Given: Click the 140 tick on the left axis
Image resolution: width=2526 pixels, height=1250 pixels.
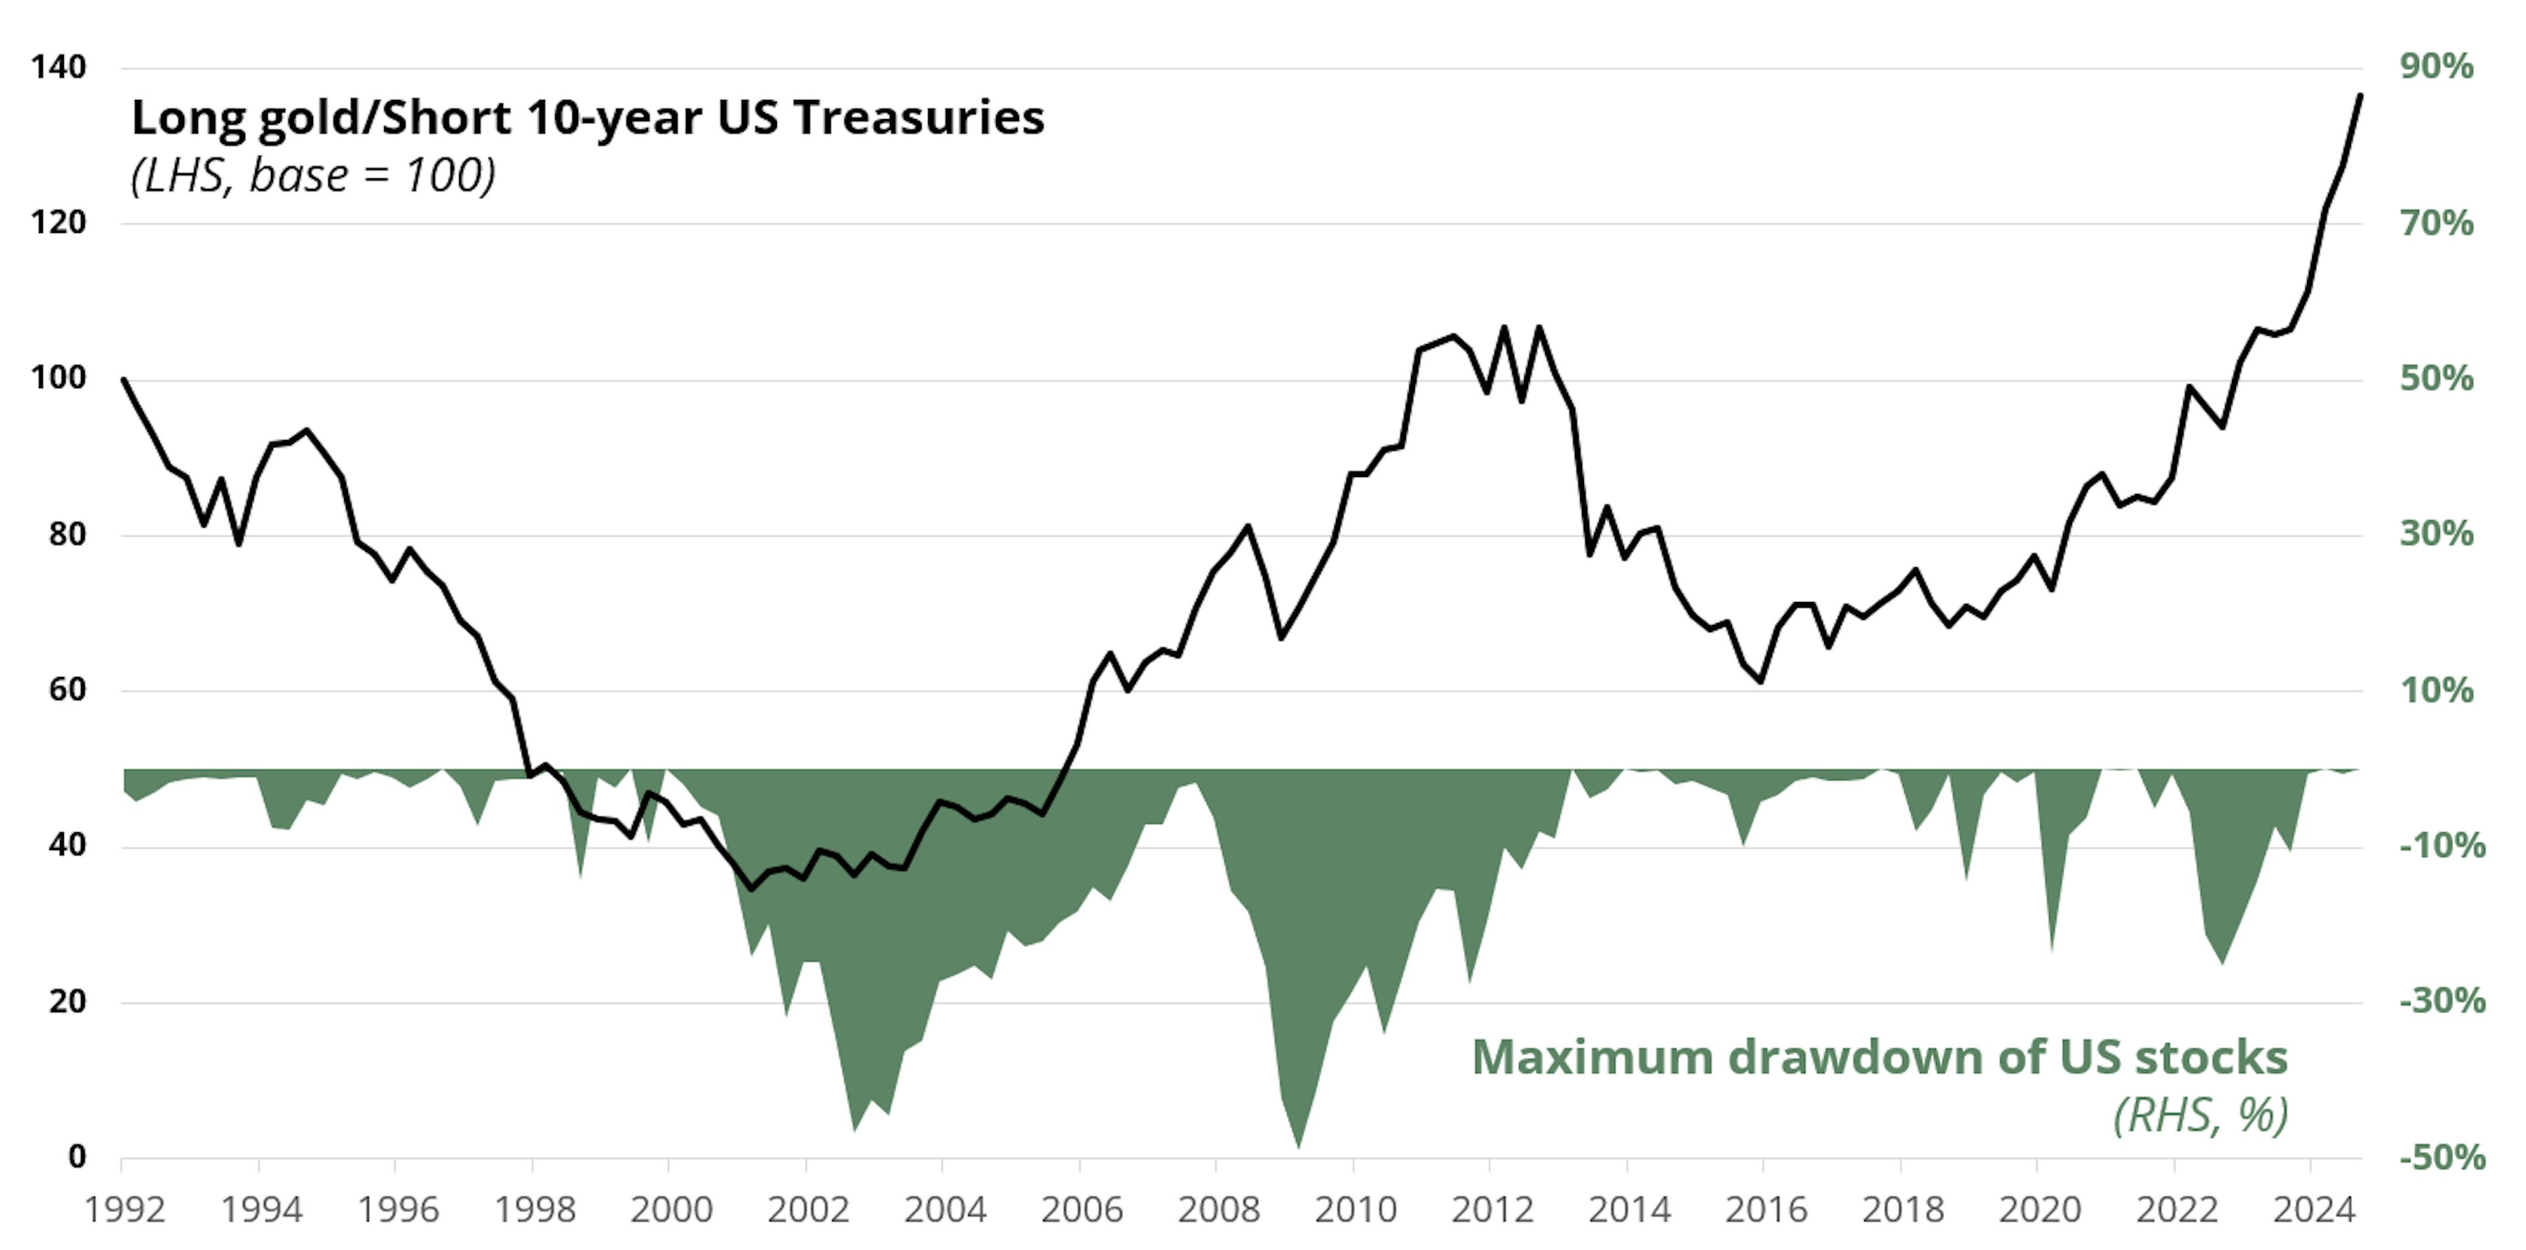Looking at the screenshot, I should (x=59, y=68).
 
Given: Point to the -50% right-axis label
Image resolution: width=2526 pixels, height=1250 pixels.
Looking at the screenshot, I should (x=2442, y=1158).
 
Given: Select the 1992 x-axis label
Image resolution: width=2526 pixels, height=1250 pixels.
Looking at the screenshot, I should (x=124, y=1210).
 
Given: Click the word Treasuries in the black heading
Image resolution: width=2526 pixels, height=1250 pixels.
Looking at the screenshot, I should (x=919, y=118).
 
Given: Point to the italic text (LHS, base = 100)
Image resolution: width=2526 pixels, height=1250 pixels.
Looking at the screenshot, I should (x=313, y=176).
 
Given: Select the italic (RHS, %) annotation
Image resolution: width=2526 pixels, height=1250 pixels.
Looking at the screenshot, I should (x=2200, y=1114).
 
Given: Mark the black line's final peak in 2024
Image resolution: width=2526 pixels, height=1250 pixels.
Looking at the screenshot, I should (x=2360, y=95).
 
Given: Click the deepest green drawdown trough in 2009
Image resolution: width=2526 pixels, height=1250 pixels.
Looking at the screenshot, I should (x=1299, y=1146).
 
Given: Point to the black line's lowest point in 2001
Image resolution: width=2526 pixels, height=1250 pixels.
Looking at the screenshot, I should (x=751, y=889).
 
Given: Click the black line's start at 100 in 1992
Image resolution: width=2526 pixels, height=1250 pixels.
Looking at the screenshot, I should (x=124, y=380).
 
